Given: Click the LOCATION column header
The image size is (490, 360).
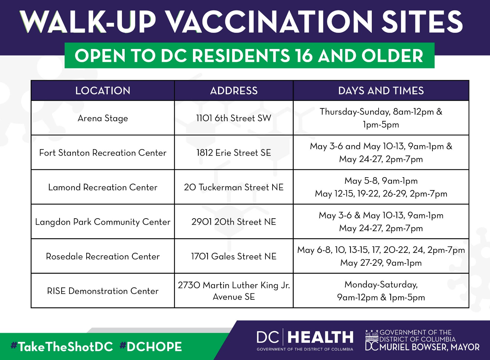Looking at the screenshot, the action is (103, 91).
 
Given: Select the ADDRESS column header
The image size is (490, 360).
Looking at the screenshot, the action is (234, 91).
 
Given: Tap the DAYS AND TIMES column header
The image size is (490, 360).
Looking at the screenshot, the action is (381, 91).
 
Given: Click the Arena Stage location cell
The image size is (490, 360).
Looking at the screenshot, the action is (103, 118).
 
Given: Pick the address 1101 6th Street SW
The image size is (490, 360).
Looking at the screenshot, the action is (234, 118).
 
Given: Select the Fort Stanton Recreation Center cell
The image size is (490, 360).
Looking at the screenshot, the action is (103, 153).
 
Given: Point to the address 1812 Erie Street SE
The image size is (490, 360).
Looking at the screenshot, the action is (234, 153).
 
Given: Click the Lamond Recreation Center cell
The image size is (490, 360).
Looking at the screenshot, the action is (103, 187).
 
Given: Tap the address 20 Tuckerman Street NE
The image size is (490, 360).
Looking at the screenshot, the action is (234, 187).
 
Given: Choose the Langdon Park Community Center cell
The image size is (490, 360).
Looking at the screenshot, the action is (103, 222).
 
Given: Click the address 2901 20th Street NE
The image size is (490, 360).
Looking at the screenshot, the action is (234, 222).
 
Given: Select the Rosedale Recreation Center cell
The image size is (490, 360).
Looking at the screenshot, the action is (103, 256).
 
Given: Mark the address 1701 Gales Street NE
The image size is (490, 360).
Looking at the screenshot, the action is (234, 256).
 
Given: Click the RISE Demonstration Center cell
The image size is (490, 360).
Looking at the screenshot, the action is (103, 291).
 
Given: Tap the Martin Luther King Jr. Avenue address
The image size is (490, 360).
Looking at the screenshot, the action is (234, 291).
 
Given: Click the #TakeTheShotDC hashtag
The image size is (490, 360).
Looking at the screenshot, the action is (62, 347).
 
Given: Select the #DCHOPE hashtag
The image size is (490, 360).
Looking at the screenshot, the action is (151, 347).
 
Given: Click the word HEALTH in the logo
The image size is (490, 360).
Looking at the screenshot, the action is (320, 337).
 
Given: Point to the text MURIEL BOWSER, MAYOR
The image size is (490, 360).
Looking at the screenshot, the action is (430, 347).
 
